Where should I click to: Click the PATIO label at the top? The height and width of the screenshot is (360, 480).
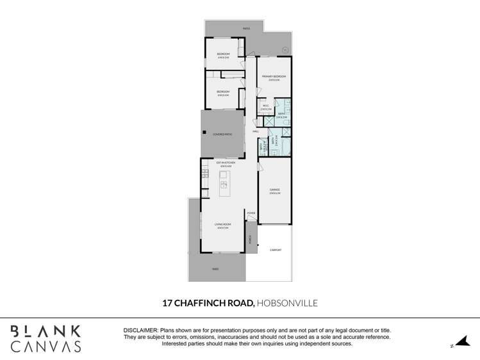coord(246,29)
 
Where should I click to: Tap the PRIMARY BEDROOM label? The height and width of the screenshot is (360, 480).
coord(274,77)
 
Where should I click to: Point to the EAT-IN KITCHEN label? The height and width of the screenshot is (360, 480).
coord(226,163)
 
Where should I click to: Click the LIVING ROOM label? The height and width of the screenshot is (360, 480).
coord(222,224)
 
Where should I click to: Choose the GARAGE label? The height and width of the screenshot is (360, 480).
coord(275,190)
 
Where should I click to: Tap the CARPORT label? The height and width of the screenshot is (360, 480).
coord(276,250)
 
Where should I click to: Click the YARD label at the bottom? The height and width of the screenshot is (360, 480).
coord(215,269)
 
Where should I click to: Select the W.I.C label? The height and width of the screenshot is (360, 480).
coord(267,106)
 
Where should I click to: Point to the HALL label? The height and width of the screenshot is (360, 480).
coord(255,131)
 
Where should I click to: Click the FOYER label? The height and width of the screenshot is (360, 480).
coord(251,213)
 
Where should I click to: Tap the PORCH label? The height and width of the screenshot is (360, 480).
coord(250,239)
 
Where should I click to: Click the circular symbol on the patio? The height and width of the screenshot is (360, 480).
coord(286,49)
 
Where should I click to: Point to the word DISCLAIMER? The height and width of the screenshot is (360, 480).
coord(140,329)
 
